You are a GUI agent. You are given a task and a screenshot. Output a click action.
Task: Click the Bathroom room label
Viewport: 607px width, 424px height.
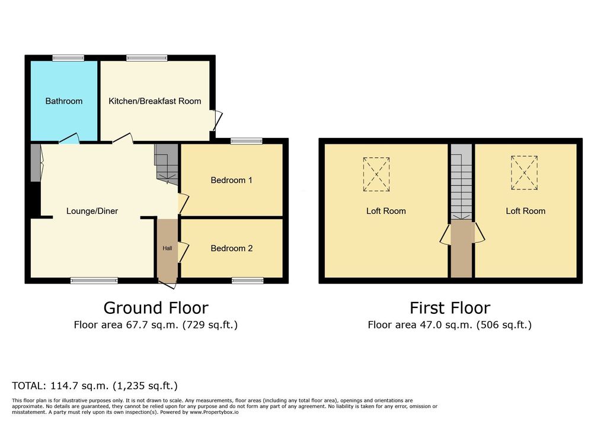click(x=64, y=101)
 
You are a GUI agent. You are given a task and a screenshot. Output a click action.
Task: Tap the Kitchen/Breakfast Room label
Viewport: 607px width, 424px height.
click(x=155, y=101)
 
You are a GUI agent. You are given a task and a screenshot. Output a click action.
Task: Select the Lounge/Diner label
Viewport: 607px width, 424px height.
click(x=92, y=211)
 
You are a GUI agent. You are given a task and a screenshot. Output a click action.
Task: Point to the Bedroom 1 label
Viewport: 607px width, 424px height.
click(x=232, y=180)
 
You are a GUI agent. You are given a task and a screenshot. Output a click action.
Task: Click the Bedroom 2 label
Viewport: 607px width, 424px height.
click(x=232, y=248)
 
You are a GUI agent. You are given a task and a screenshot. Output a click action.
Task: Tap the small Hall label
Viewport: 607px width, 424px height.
click(x=167, y=248)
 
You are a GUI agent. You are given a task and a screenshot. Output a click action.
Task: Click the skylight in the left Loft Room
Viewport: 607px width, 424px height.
click(x=376, y=174)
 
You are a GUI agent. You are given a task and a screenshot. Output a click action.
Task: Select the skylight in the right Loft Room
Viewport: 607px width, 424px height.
click(x=524, y=172)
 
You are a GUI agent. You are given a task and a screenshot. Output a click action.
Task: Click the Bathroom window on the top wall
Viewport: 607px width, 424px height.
click(x=68, y=58)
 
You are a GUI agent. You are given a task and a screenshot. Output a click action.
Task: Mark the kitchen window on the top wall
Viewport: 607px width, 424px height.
click(x=147, y=58)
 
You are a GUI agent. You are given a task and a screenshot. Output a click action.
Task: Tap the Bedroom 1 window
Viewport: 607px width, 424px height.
click(x=247, y=141)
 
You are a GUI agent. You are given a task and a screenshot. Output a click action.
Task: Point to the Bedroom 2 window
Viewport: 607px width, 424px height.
click(x=247, y=281)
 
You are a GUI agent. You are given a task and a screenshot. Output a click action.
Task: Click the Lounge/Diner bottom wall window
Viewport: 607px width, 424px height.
click(x=94, y=281)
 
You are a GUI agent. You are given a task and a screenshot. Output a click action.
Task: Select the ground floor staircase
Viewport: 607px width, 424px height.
click(x=167, y=164)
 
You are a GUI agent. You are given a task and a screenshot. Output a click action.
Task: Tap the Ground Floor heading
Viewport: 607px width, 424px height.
click(x=156, y=308)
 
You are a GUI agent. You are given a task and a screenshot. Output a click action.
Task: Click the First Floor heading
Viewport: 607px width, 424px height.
click(x=450, y=308)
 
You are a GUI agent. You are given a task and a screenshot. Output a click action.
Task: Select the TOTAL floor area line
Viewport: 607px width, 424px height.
click(x=95, y=386)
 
